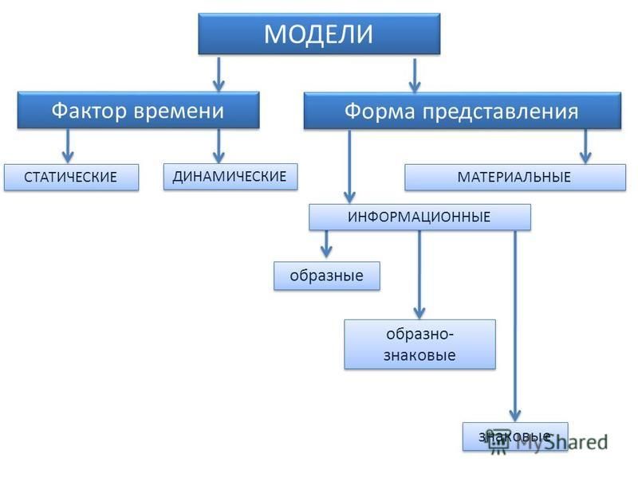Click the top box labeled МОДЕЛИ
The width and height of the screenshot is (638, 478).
pos(319,33)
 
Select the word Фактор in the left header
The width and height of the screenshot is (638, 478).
pos(89,111)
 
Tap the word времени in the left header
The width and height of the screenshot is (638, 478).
pos(179,111)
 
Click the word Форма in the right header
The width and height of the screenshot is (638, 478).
pos(380,112)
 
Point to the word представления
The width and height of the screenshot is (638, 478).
pos(500,112)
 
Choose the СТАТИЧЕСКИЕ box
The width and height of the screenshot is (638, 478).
pos(71,177)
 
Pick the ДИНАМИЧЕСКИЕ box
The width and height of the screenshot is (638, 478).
pos(230,177)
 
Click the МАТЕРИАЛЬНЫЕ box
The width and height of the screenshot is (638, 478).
pos(515,177)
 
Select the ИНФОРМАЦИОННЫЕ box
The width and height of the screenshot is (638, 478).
pos(420,217)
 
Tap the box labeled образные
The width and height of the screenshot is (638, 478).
pos(327,276)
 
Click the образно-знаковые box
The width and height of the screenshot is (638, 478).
pos(420,345)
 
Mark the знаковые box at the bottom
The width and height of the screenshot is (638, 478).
pos(515,437)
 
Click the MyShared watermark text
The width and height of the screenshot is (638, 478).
pos(561,442)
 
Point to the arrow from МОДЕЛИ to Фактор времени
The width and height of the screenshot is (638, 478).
pos(219,74)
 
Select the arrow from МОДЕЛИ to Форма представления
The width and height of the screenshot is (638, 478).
pos(415,76)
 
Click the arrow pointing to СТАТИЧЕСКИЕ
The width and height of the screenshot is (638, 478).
pos(68,147)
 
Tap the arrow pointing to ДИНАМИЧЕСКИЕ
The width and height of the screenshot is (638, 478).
pos(219,147)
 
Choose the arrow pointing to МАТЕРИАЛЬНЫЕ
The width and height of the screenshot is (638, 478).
pos(585,147)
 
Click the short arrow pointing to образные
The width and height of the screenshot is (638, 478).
pos(326,245)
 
